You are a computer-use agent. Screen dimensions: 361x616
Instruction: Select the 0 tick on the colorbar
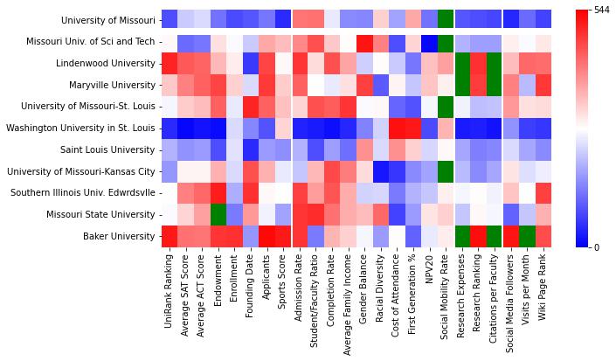tap(596, 246)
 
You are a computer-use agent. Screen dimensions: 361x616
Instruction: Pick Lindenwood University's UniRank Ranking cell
tap(170, 63)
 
